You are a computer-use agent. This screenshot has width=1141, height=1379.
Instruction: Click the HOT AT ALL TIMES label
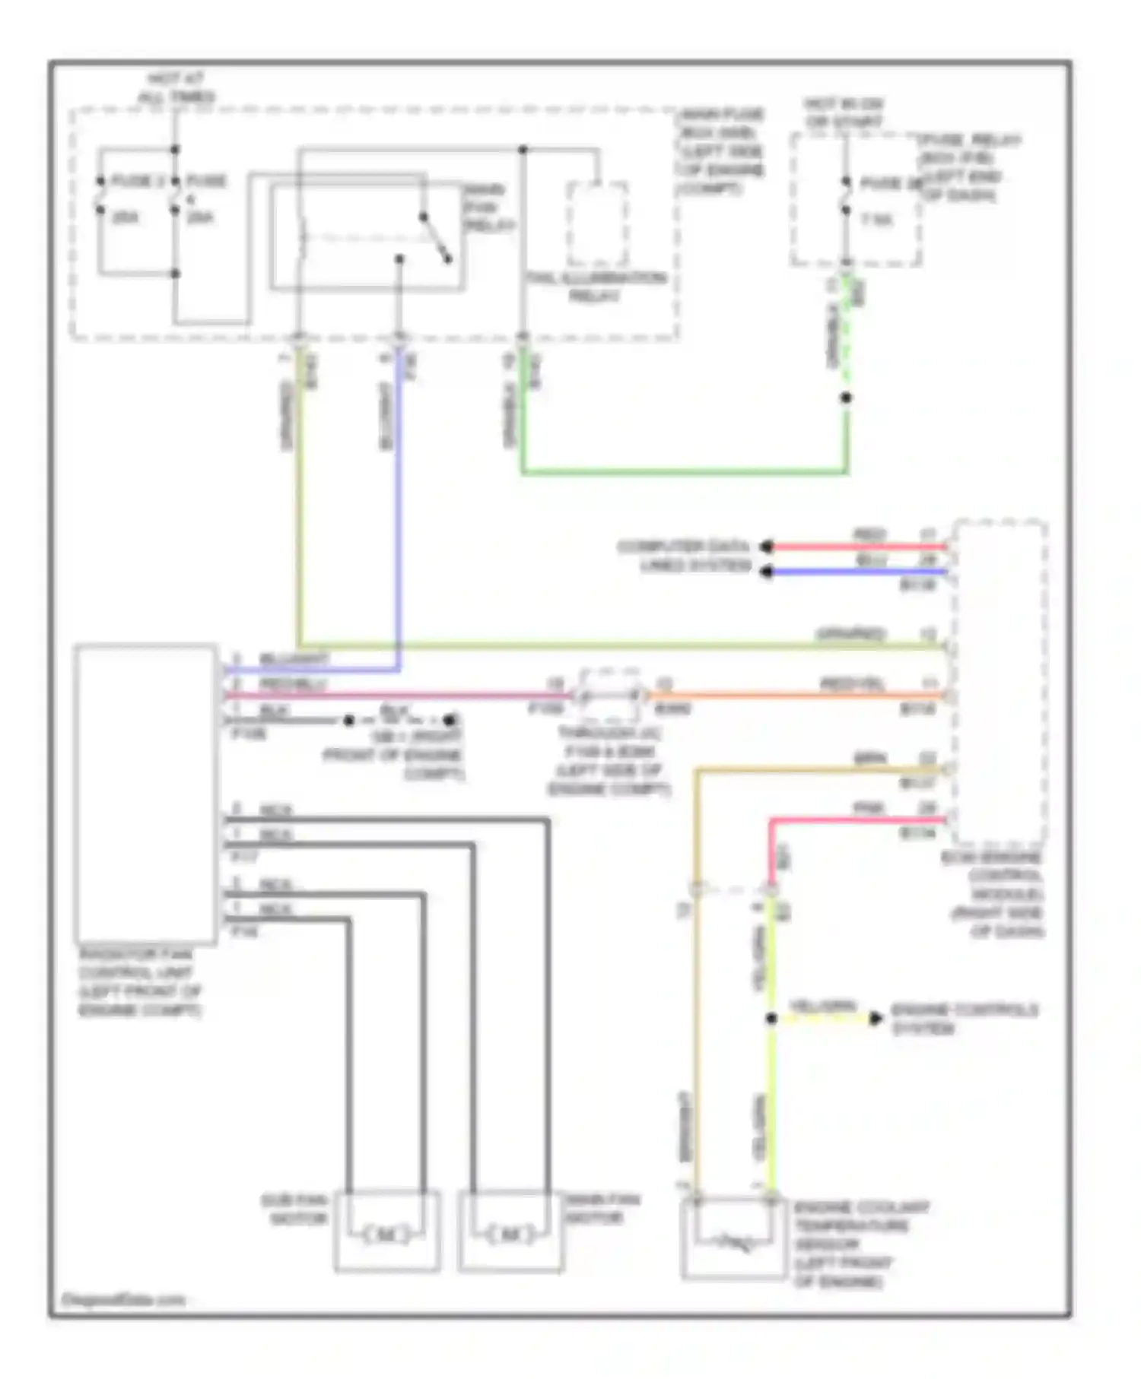[176, 87]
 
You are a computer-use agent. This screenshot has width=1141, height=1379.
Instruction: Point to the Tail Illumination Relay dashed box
[597, 224]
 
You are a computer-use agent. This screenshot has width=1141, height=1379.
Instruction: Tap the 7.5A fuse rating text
[876, 220]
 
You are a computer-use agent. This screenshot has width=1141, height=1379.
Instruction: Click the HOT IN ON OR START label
[844, 113]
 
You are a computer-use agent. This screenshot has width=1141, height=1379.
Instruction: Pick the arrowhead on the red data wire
[767, 546]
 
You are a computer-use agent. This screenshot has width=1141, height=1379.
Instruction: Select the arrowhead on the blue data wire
[767, 572]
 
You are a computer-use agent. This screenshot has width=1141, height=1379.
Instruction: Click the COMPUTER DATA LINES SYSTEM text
[684, 556]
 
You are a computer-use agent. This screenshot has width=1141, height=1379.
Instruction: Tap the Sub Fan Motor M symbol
[386, 1235]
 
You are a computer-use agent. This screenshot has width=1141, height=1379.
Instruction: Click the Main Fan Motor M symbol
[510, 1235]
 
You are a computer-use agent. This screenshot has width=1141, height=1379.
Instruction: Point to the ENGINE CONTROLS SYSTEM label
[963, 1019]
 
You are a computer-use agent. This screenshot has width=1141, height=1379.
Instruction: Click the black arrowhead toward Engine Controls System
[876, 1019]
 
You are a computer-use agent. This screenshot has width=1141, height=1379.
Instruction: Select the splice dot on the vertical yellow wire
[771, 1019]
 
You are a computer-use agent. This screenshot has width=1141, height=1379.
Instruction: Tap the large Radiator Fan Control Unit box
[145, 794]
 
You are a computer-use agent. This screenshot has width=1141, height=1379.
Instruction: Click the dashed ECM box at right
[1001, 680]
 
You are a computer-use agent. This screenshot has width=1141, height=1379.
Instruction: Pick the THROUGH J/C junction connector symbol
[609, 695]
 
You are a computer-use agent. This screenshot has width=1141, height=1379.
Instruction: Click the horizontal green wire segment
[685, 472]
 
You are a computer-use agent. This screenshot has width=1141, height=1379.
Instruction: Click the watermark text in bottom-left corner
[123, 1300]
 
